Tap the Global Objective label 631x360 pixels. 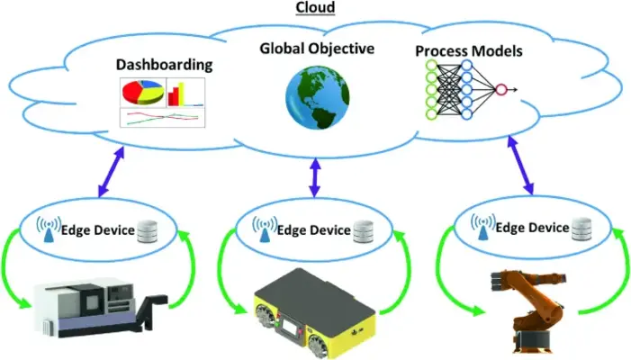[316, 48]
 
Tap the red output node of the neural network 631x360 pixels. [501, 89]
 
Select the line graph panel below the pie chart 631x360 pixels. [162, 118]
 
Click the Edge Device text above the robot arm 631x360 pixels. [535, 228]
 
